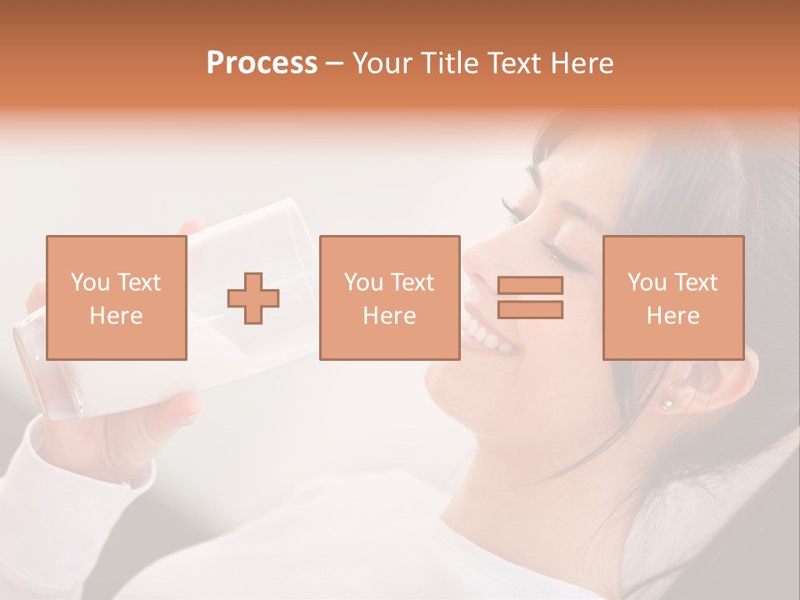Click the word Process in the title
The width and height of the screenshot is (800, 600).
262,63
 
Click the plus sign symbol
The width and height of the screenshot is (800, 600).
253,298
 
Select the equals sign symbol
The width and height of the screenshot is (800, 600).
530,297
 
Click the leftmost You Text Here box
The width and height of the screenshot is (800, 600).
117,297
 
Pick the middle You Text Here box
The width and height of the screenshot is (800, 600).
389,297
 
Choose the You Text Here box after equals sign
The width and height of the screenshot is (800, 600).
672,297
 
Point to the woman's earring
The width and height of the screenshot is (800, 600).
666,404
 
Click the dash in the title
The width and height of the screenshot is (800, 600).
335,63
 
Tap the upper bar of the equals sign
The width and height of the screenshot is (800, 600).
530,286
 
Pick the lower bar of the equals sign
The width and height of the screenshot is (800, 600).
530,309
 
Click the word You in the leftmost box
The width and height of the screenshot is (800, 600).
89,282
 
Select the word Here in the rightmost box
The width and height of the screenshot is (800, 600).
672,315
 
